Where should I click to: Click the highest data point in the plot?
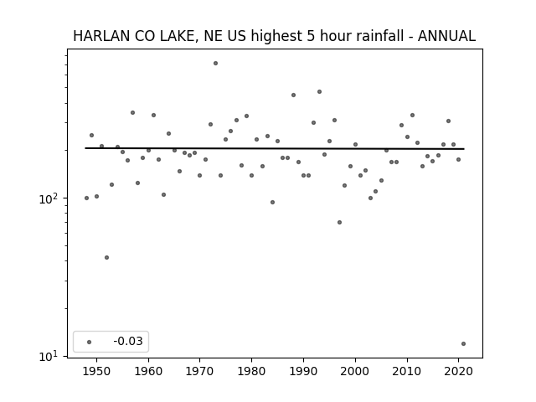215,64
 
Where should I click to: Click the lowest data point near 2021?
463,344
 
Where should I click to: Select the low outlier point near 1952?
106,257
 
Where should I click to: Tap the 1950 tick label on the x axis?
96,371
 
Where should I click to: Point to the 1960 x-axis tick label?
148,371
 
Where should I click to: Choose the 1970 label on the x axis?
199,371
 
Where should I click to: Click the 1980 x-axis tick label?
251,371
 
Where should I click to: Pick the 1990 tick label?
303,371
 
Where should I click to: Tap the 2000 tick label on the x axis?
355,371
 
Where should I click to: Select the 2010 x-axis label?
407,371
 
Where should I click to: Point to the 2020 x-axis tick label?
458,371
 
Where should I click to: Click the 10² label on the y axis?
49,198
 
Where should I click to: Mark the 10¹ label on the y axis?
49,356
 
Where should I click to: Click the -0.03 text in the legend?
128,341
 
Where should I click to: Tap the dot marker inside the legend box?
90,342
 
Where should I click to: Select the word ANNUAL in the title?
446,36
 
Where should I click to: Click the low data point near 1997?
339,222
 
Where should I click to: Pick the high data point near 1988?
293,95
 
